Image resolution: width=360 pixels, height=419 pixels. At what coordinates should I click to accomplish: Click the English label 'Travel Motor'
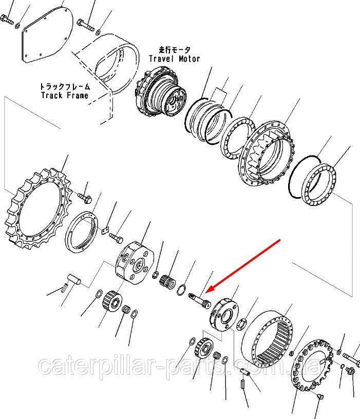pyautogui.click(x=174, y=59)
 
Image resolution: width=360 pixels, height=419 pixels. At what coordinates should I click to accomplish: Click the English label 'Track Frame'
pyautogui.click(x=64, y=96)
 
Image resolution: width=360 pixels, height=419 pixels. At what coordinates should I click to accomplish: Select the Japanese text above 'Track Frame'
pyautogui.click(x=65, y=87)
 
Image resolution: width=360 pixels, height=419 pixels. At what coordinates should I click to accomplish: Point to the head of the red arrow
pyautogui.click(x=209, y=291)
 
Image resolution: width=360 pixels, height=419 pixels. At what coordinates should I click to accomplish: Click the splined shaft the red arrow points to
pyautogui.click(x=199, y=300)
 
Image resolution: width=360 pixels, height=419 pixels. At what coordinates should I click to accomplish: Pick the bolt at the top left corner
pyautogui.click(x=7, y=20)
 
